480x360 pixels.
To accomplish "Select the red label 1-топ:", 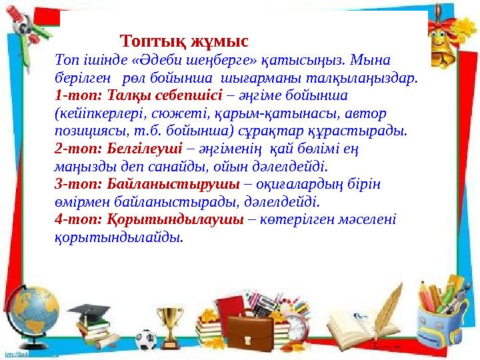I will [75, 95].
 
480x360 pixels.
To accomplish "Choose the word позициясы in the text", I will [84, 130].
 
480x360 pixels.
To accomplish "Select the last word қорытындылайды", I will [119, 237].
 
